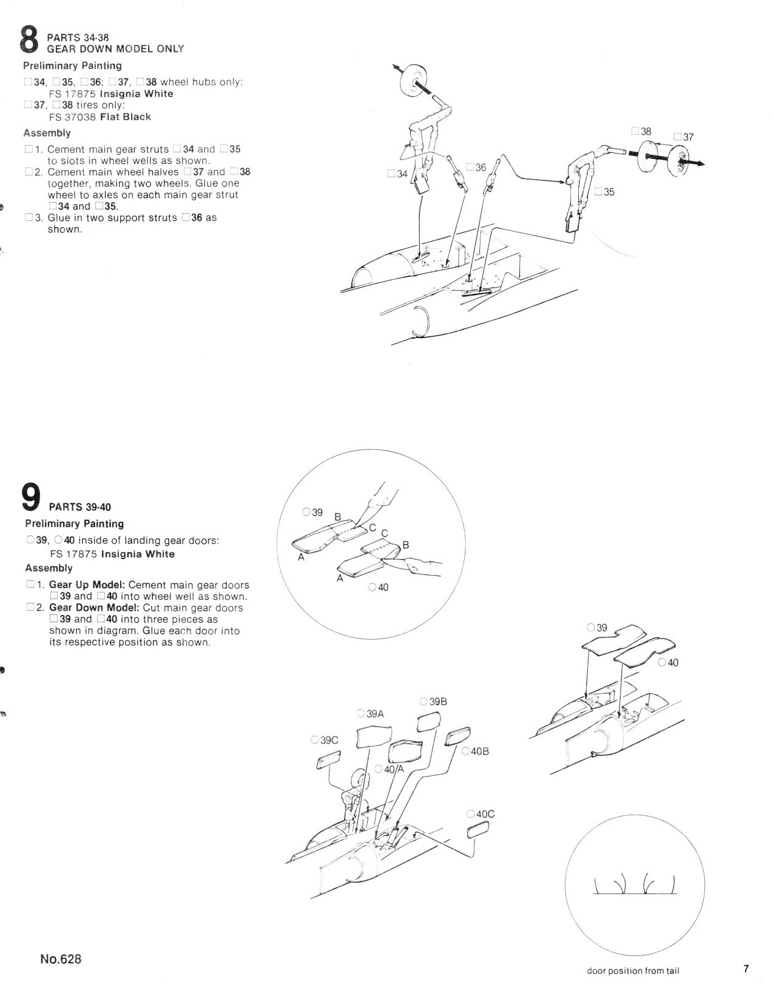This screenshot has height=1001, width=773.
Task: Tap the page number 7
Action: coord(746,968)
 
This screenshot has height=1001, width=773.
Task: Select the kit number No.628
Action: coord(61,959)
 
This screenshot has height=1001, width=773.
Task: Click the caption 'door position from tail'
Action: coord(633,971)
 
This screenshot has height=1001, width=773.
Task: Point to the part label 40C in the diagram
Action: coord(484,813)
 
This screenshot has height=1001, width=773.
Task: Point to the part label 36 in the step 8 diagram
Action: coord(480,167)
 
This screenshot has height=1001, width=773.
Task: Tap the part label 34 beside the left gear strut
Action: coord(401,174)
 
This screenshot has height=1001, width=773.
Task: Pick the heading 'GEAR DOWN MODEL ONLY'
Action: coord(115,49)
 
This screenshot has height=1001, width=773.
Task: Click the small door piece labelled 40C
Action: coord(477,830)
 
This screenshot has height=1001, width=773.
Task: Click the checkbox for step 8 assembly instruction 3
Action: coord(29,217)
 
